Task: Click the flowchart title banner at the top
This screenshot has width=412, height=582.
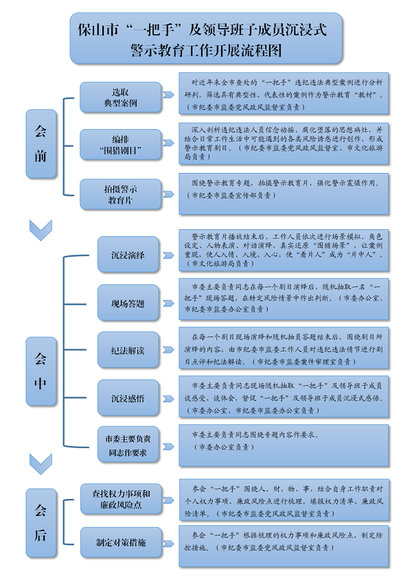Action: tap(205, 39)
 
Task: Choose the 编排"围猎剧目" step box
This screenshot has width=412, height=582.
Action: tap(120, 144)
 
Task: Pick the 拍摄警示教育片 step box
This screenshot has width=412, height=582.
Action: tap(120, 194)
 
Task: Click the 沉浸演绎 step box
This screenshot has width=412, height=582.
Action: tap(128, 255)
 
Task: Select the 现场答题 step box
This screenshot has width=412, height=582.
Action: tap(128, 303)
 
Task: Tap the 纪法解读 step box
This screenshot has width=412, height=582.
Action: tap(128, 350)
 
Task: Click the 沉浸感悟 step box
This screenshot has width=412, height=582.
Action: tap(128, 398)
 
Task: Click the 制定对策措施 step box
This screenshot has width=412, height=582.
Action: tap(120, 542)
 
